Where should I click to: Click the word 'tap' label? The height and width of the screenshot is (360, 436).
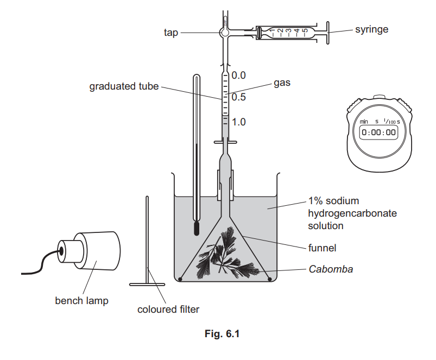pos(170,33)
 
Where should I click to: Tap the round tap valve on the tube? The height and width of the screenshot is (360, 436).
pos(224,33)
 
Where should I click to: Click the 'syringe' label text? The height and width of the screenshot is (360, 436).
pos(371,29)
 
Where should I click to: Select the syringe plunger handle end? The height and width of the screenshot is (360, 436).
pos(328,33)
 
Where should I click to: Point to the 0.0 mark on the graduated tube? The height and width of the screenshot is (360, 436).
pos(239,75)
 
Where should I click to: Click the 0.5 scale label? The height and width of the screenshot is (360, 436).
pos(239,98)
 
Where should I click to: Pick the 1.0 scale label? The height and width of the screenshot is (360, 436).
pos(239,122)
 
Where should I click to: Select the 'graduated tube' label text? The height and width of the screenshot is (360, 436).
pos(124,86)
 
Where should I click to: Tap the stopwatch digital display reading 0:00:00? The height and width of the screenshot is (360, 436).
pos(378,132)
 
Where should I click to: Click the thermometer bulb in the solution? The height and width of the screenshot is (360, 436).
pos(197,228)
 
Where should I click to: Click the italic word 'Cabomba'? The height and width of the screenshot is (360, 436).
pos(330,269)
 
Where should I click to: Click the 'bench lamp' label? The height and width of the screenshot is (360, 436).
pos(81,300)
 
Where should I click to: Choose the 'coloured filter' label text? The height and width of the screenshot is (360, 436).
pos(168,310)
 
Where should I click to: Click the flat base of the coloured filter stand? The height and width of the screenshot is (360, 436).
pos(147,283)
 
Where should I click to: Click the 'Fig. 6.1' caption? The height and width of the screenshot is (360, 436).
pos(217,334)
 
